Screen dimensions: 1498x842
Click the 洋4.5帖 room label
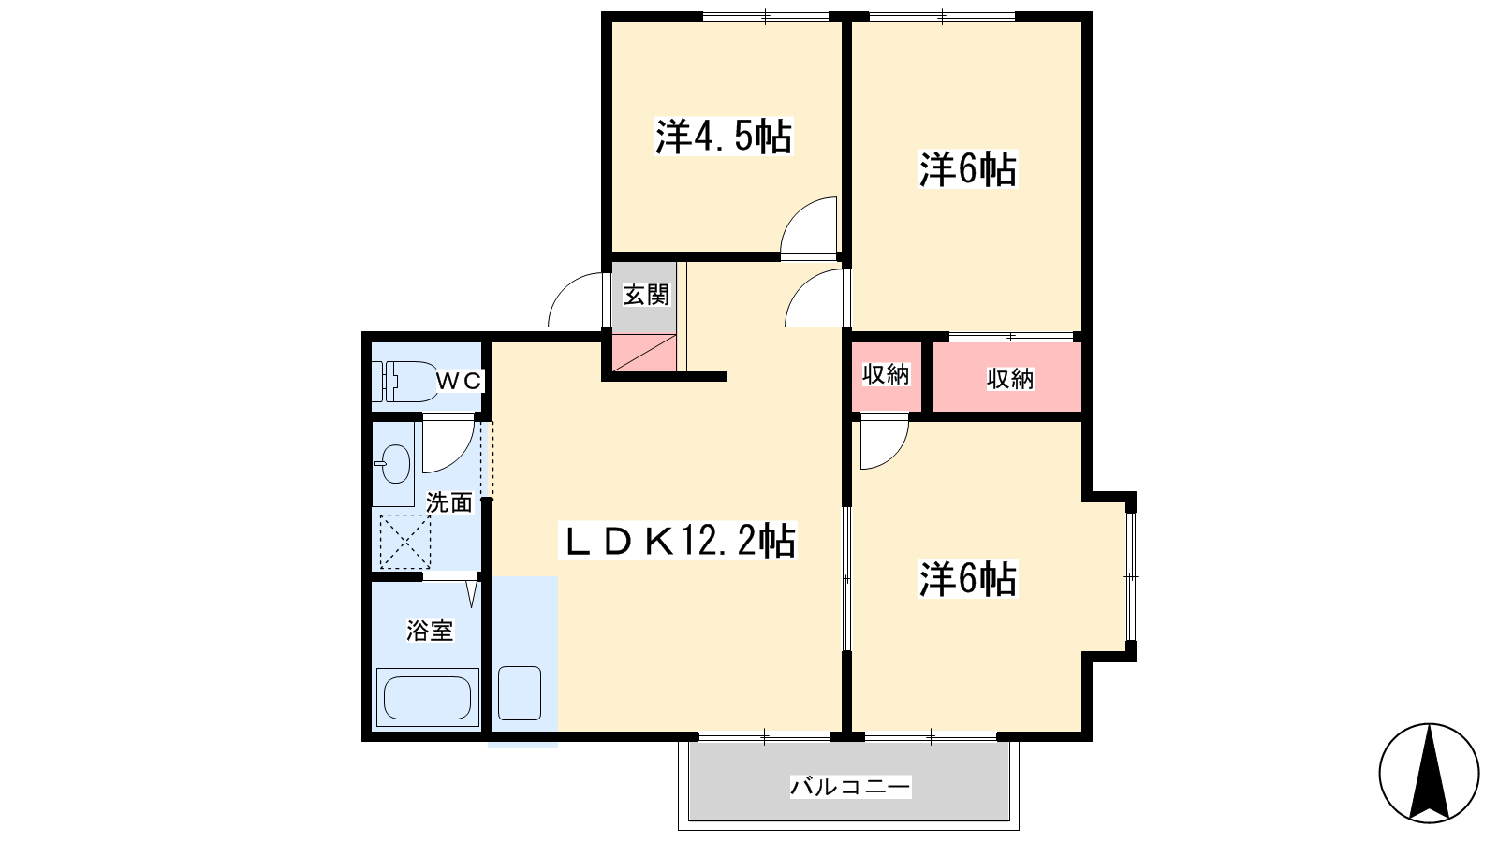click(x=724, y=137)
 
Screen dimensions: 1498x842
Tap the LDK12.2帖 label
click(x=678, y=541)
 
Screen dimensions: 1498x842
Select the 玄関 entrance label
click(x=646, y=295)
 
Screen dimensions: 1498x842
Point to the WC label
click(x=458, y=381)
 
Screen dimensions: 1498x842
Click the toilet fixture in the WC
click(x=404, y=382)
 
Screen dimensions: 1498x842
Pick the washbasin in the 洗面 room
click(x=394, y=463)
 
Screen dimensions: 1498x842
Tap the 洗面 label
click(x=449, y=502)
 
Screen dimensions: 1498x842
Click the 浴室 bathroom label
click(x=430, y=631)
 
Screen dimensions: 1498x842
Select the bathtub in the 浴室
click(x=428, y=697)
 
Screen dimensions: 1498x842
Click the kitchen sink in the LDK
click(x=520, y=693)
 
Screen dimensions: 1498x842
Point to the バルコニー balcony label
click(x=850, y=787)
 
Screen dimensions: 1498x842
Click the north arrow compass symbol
click(x=1429, y=773)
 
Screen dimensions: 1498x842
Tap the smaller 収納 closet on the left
click(x=886, y=375)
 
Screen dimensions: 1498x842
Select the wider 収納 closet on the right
click(x=1007, y=377)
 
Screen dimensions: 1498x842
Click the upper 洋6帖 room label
click(x=968, y=169)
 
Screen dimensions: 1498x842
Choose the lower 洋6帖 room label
click(x=968, y=579)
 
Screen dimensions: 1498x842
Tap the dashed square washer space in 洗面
click(x=405, y=542)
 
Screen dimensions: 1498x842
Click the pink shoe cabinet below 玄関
click(x=645, y=353)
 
